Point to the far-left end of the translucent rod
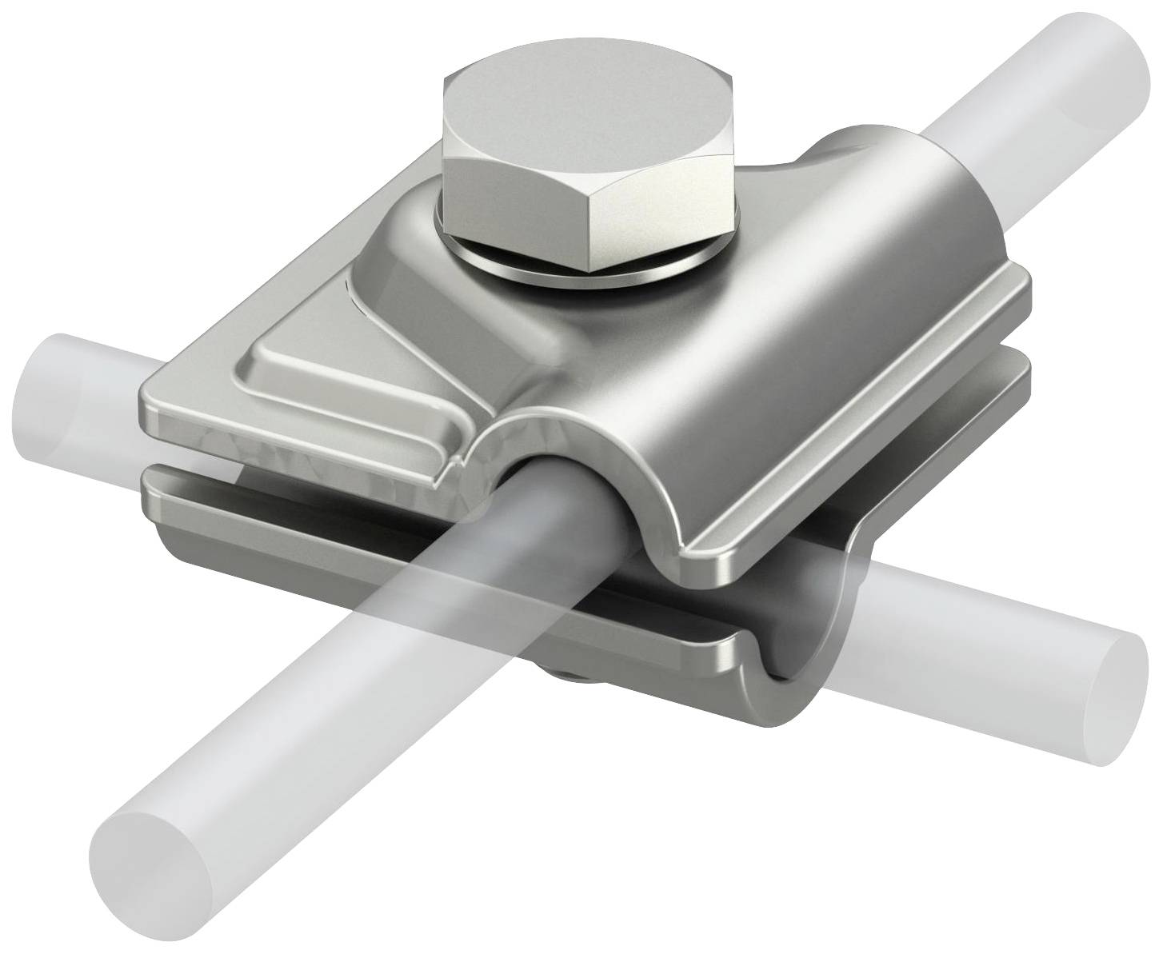click(x=56, y=376)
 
